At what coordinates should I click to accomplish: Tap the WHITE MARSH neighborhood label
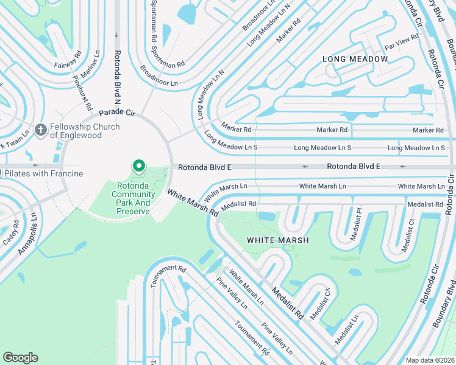pos(277,240)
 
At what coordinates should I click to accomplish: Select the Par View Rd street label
pos(401,42)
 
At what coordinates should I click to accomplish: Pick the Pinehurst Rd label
pos(82,92)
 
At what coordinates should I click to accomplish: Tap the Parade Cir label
pos(116,113)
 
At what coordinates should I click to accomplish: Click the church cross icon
pos(41,130)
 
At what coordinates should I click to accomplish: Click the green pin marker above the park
pos(139,165)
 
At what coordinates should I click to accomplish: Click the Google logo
pos(21,358)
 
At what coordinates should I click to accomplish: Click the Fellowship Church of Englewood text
pos(85,131)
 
